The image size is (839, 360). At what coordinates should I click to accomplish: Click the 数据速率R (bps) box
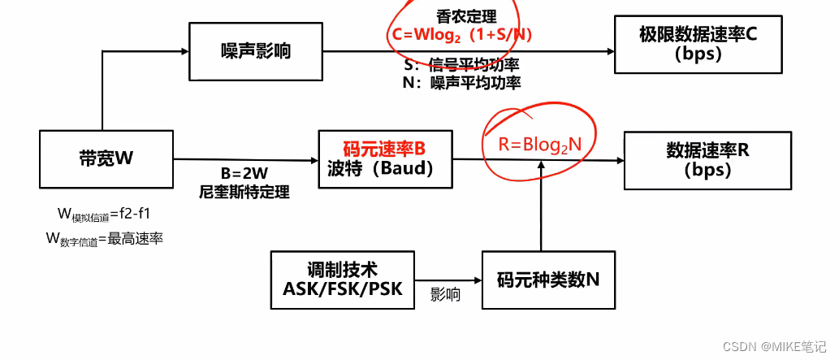(x=707, y=161)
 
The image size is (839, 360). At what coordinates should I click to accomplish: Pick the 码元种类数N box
(x=547, y=280)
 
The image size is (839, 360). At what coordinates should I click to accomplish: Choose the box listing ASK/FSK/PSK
(x=342, y=280)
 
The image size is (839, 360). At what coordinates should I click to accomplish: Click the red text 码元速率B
(x=384, y=149)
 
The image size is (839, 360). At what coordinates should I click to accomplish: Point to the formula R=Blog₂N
(x=540, y=145)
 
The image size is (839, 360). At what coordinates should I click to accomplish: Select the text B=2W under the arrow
(x=244, y=175)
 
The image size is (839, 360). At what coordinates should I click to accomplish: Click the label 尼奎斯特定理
(x=244, y=193)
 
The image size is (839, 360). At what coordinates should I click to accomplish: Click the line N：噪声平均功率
(x=461, y=82)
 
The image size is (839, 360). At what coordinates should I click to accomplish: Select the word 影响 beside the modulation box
(x=445, y=295)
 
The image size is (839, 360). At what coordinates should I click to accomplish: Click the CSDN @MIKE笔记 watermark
(x=775, y=345)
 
